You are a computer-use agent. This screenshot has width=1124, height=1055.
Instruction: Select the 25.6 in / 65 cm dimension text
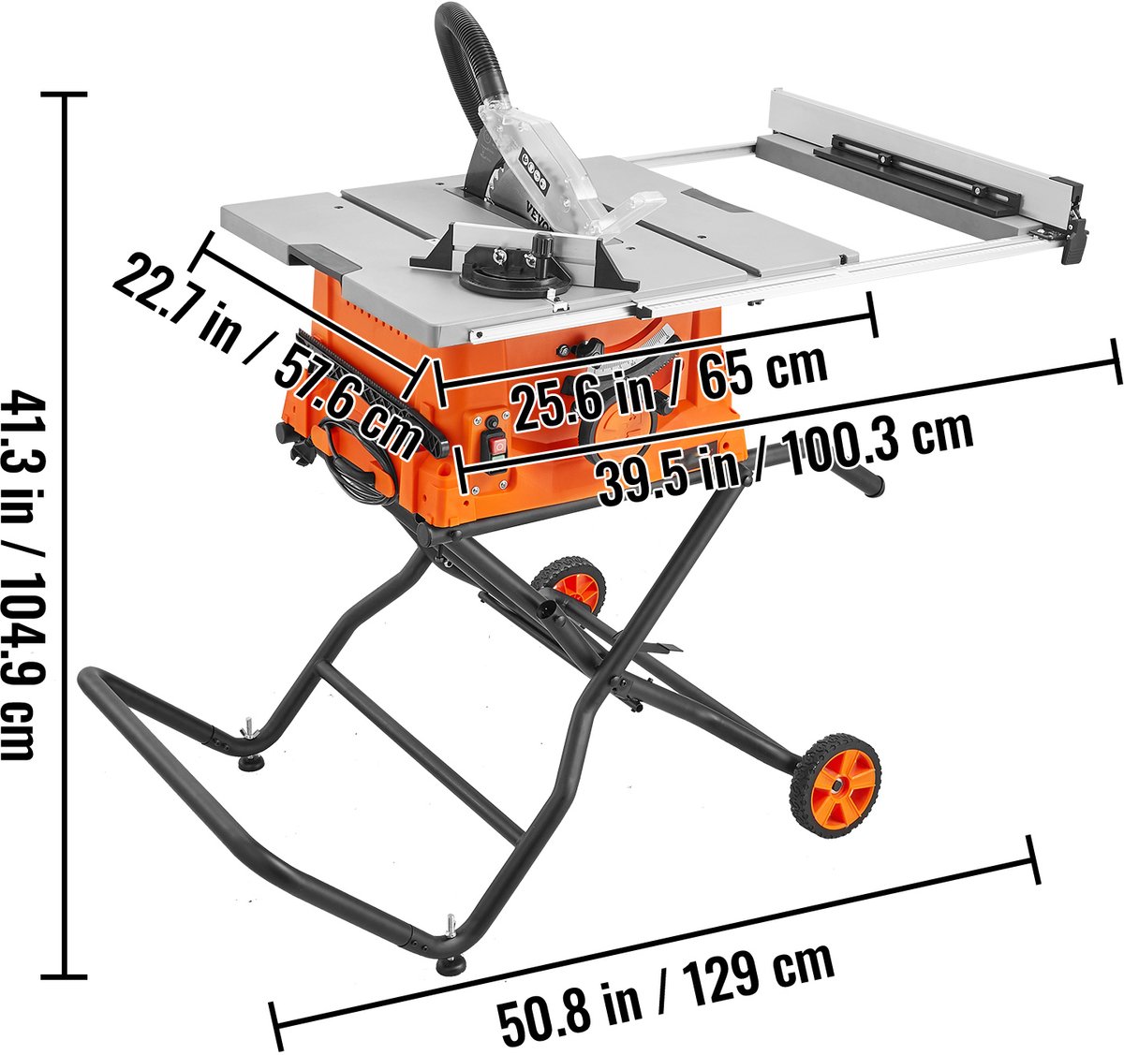[669, 386]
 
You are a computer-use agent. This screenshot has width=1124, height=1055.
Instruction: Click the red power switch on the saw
[499, 447]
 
